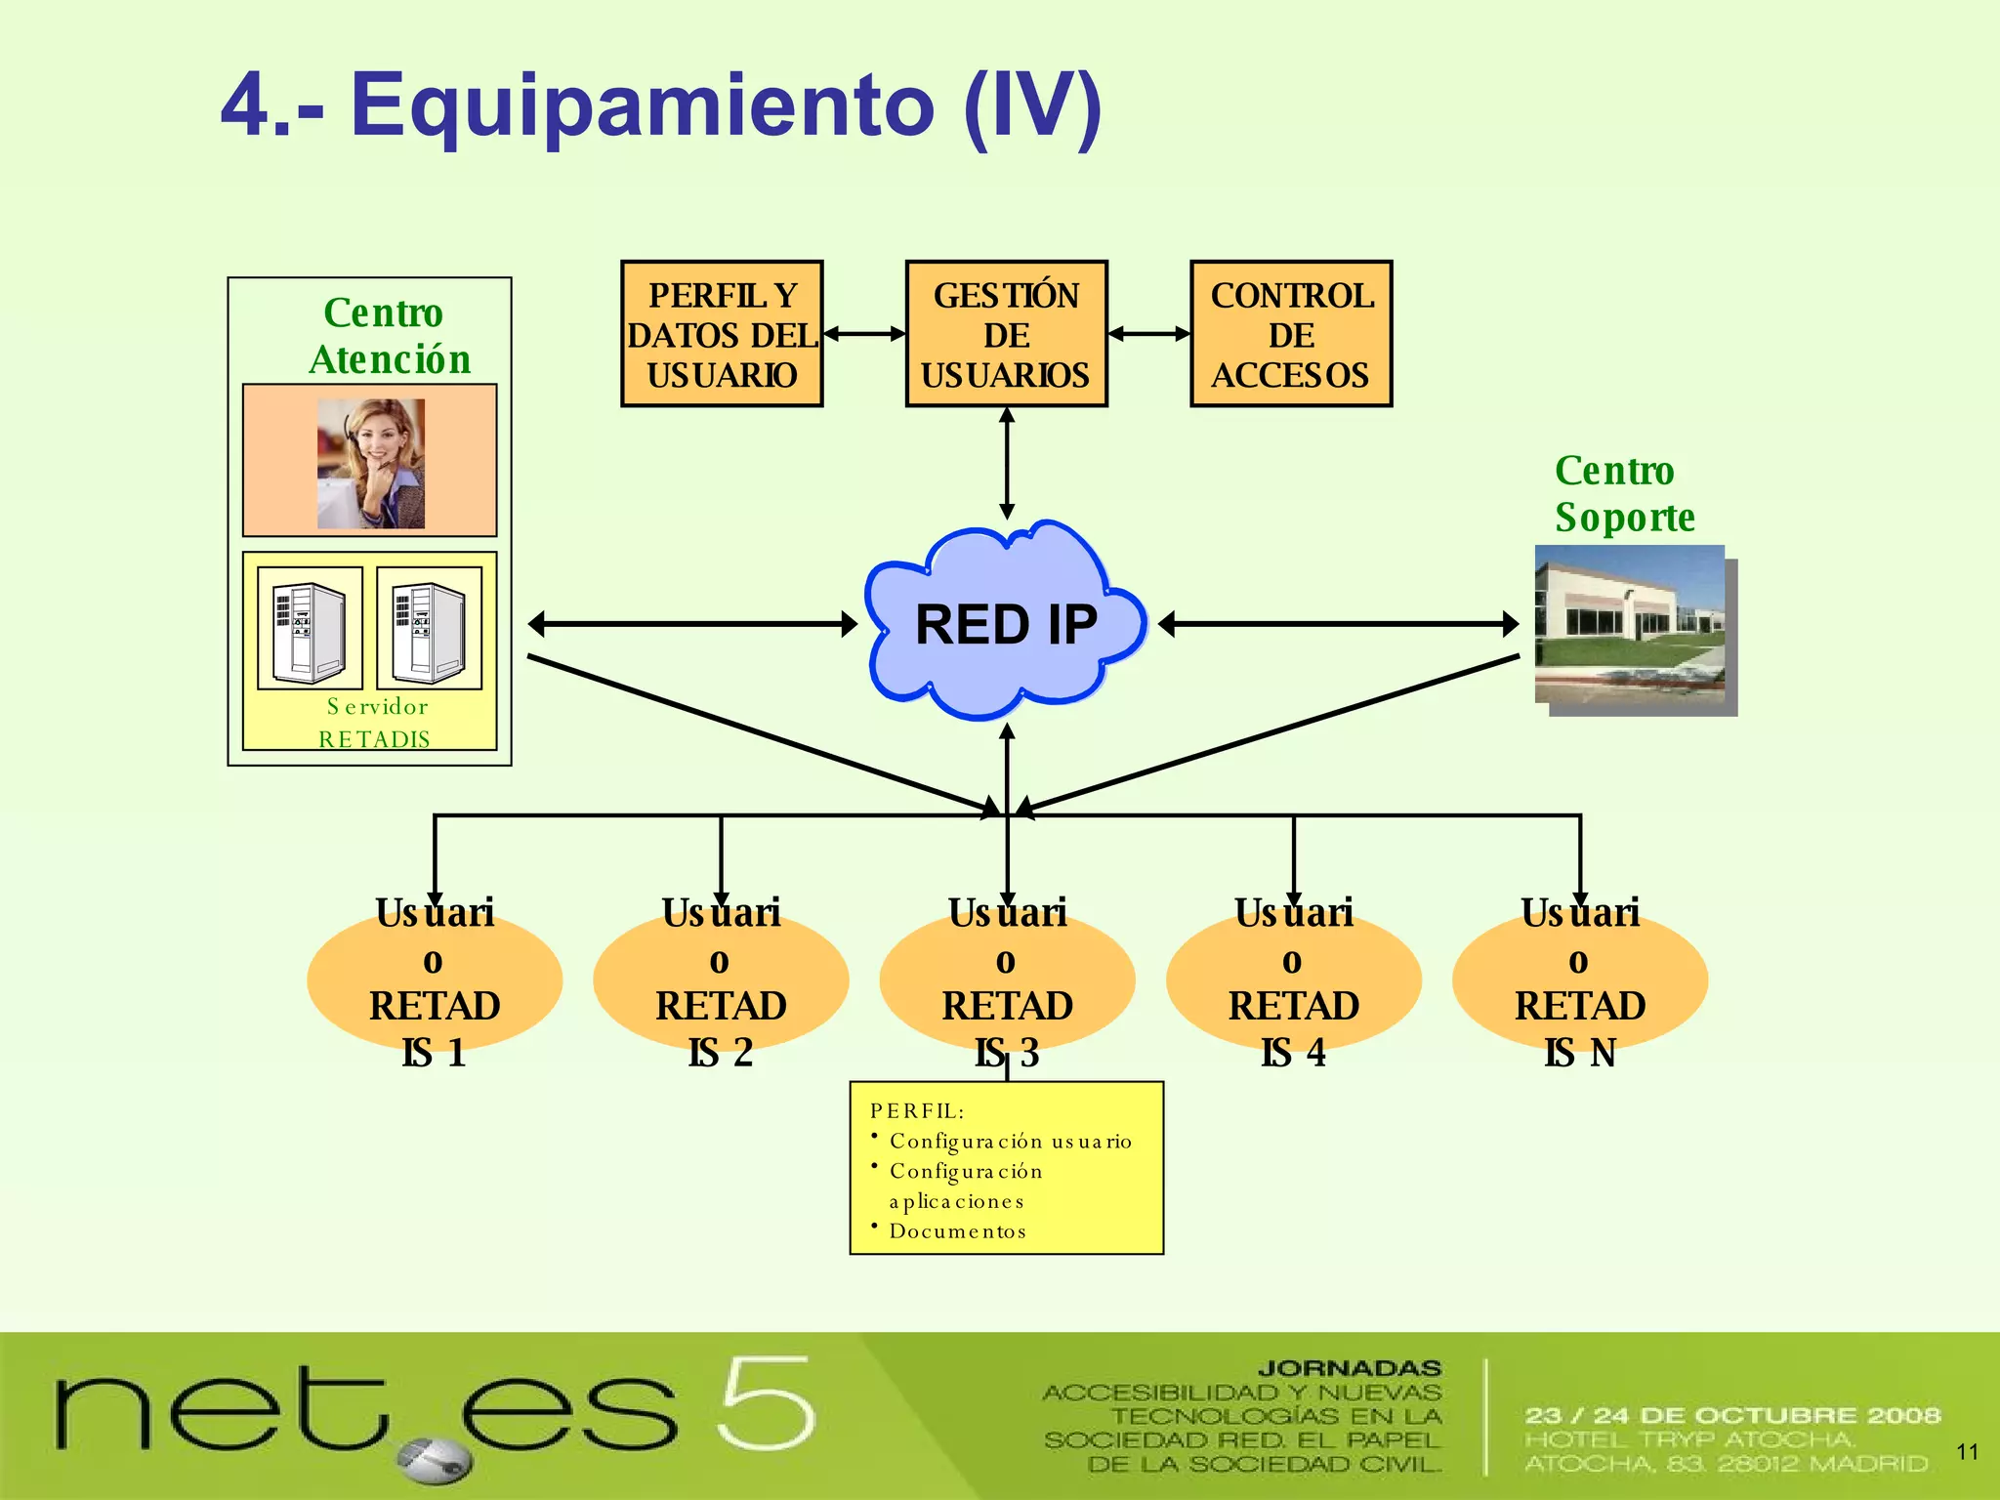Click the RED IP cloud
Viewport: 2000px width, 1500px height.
tap(1006, 625)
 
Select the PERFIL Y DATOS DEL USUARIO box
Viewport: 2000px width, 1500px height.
tap(722, 334)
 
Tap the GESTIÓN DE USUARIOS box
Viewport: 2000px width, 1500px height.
tap(1006, 334)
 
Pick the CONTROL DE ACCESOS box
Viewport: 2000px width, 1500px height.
tap(1291, 334)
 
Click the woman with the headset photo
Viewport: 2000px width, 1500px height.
tap(371, 464)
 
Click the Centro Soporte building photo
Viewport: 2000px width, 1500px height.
tap(1631, 625)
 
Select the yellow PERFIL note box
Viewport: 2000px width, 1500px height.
tap(1006, 1168)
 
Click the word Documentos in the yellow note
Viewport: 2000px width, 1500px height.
tap(957, 1231)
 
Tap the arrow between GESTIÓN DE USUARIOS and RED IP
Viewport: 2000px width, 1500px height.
tap(1007, 464)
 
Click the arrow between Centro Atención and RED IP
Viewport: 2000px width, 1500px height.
tap(691, 623)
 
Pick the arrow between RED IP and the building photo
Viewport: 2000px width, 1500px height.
tap(1338, 623)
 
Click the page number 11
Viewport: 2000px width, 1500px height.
tap(1967, 1452)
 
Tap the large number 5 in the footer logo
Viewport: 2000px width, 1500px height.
tap(767, 1403)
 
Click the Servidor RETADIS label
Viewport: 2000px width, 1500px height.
tap(376, 723)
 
